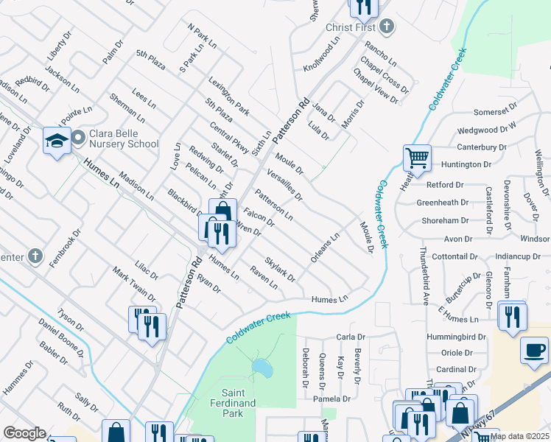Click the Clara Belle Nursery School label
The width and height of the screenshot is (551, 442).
123,138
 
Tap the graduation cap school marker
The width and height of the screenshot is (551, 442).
57,140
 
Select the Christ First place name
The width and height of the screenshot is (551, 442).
351,27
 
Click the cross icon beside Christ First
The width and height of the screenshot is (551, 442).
386,27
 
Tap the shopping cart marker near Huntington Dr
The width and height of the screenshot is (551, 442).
417,158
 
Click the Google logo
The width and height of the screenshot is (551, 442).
24,433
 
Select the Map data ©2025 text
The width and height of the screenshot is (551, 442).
519,436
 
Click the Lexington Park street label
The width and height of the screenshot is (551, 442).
228,97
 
